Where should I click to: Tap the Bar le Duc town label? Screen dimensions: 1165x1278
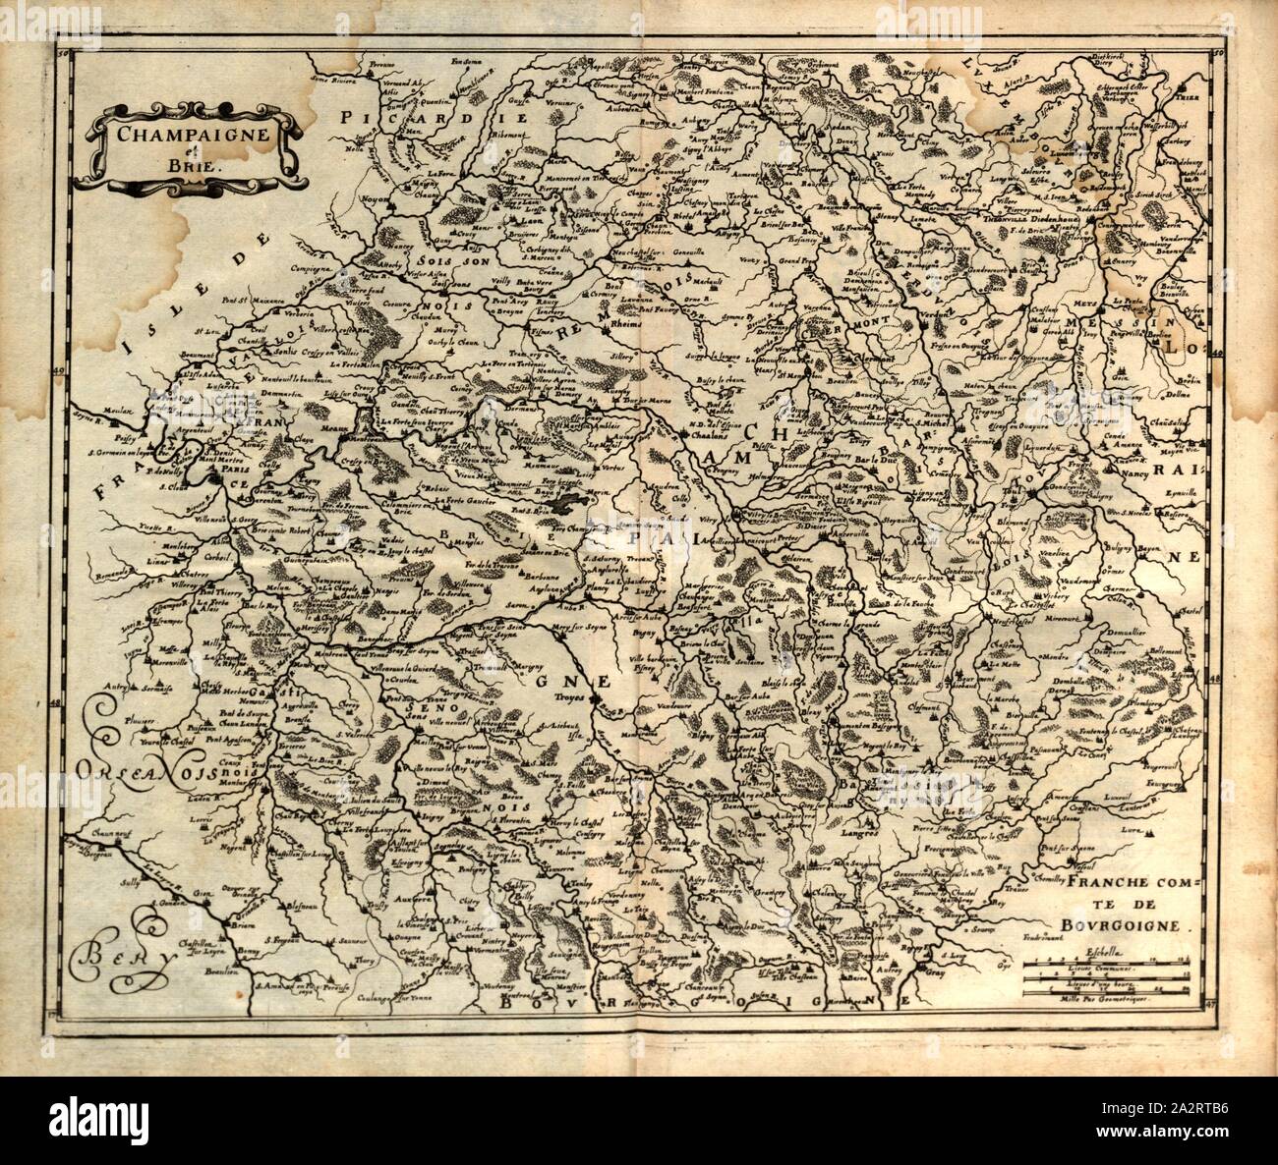870,459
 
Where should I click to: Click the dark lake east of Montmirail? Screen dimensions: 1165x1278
563,503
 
